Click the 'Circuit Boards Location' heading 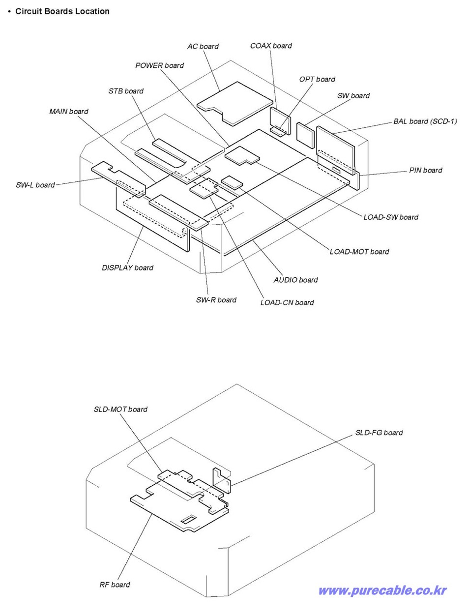[x=62, y=11]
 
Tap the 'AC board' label [x=203, y=46]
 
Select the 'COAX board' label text [x=270, y=46]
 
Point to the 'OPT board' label [x=317, y=79]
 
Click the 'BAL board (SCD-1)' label [x=425, y=121]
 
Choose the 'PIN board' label [x=425, y=170]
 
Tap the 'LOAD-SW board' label [x=391, y=217]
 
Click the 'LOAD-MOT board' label [x=359, y=252]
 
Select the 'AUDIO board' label [x=295, y=280]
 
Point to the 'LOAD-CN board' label [x=287, y=302]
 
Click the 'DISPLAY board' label [x=127, y=268]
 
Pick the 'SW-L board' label [x=35, y=185]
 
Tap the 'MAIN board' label [x=68, y=112]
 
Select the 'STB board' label [x=126, y=91]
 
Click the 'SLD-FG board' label [x=379, y=433]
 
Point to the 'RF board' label [x=115, y=585]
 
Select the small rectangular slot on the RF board [x=188, y=519]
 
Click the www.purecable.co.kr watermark [x=382, y=590]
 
